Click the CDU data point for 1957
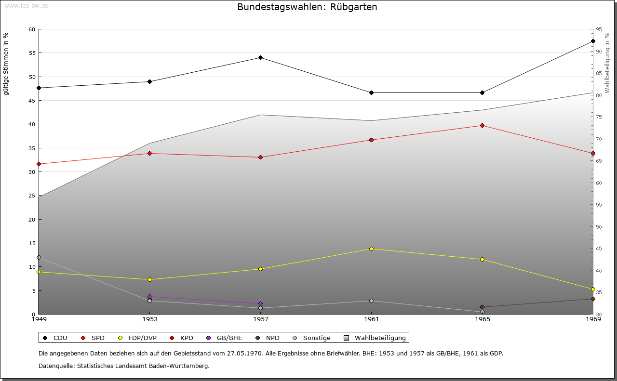(x=260, y=58)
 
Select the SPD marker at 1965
(x=482, y=126)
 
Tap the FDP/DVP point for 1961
(x=371, y=249)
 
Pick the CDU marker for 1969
(x=593, y=41)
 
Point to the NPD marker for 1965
(x=482, y=307)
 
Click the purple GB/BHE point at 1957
(x=260, y=304)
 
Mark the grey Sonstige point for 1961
(x=371, y=301)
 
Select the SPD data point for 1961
(x=371, y=140)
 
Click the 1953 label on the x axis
(x=149, y=319)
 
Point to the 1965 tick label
(x=482, y=319)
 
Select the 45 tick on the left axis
(x=32, y=101)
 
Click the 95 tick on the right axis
(x=599, y=29)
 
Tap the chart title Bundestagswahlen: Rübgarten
(x=307, y=7)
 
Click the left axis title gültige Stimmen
(x=6, y=64)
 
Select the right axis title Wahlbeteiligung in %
(x=607, y=63)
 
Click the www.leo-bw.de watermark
(x=26, y=5)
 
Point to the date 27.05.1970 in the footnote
(x=245, y=354)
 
